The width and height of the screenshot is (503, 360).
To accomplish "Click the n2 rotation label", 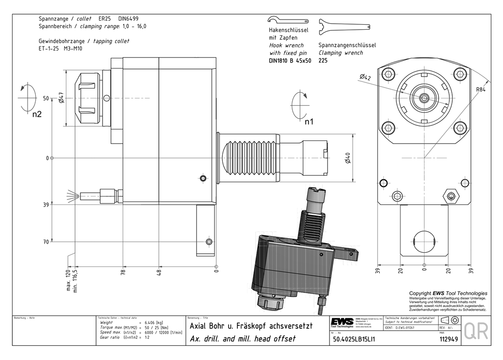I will coord(37,114).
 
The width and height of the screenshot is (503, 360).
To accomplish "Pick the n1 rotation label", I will coord(308,121).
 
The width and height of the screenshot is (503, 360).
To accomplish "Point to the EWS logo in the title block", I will coord(342,322).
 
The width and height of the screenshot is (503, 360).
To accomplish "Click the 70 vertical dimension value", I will coord(46,242).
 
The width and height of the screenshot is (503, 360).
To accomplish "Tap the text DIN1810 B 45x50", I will coord(290,60).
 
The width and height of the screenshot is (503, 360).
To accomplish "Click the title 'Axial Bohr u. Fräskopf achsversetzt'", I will coord(250,326).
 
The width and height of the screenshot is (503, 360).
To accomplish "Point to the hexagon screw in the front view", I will coord(450,195).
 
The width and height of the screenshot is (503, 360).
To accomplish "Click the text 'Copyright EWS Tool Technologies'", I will coord(448,293).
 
